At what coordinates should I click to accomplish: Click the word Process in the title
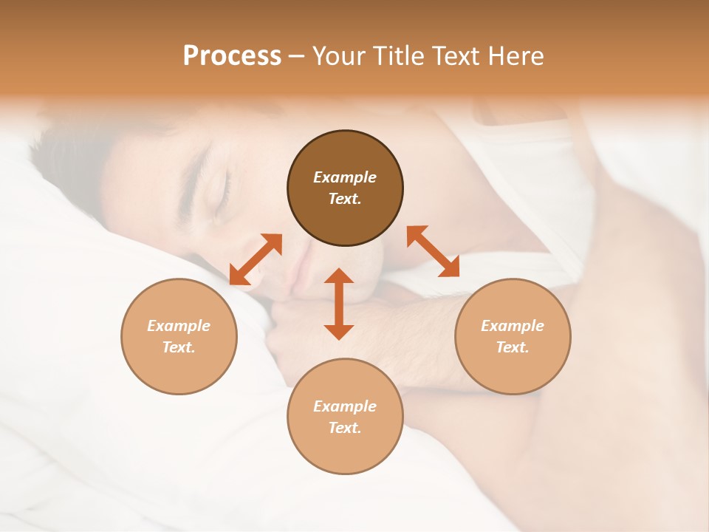pos(232,56)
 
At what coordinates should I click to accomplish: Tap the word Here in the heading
pos(515,56)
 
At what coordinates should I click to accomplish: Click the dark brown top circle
pos(345,188)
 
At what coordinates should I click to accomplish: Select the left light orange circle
pos(179,336)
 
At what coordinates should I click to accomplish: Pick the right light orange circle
pos(513,336)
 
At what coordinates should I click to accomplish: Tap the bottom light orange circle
pos(345,416)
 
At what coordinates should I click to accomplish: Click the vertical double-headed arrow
pos(339,304)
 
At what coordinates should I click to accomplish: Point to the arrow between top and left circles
pos(256,259)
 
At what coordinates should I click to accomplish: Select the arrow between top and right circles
pos(433,251)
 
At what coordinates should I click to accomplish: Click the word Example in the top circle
pos(345,177)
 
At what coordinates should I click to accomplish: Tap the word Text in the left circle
pos(179,347)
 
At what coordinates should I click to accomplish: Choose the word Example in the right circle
pos(513,326)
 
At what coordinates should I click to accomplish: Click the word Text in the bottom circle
pos(345,428)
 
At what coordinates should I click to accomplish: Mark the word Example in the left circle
pos(179,326)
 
